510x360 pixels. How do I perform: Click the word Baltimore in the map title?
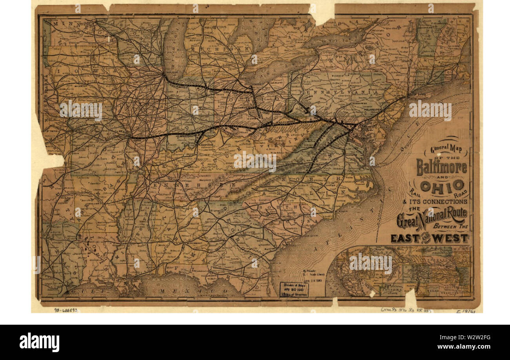(x=441, y=167)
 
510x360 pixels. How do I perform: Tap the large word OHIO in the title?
(x=442, y=185)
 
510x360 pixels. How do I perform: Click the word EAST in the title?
(x=407, y=238)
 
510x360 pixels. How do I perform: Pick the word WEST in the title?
(x=453, y=238)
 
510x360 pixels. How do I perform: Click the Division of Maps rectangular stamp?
(x=294, y=289)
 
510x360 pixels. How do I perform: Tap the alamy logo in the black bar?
(x=39, y=342)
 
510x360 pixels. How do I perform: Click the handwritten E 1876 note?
(x=464, y=311)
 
